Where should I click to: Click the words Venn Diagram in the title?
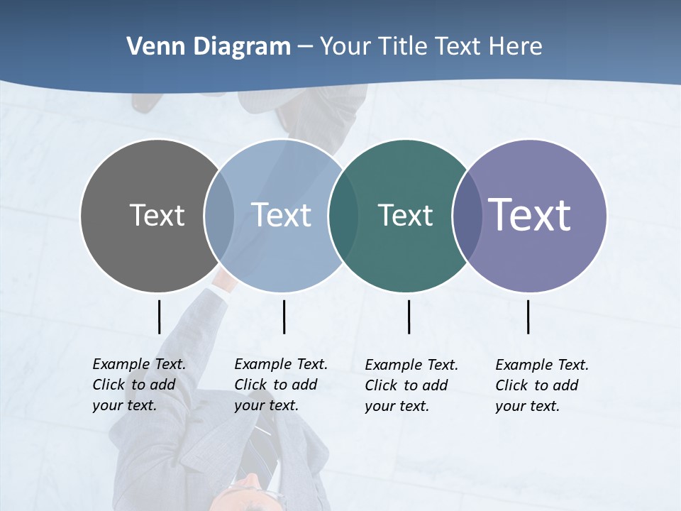coord(208,47)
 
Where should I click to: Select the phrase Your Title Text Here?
coord(431,47)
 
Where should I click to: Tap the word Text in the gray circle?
coord(157,215)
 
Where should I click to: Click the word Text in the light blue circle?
coord(281,215)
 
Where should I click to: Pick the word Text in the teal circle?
coord(405,215)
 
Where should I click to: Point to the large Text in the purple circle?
coord(530,215)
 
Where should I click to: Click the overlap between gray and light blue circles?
coord(219,215)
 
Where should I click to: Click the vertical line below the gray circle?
coord(159,317)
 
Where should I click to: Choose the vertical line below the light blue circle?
coord(284,317)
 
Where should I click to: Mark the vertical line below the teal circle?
coord(409,317)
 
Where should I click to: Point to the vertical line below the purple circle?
coord(528,317)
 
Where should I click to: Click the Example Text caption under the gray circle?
coord(138,385)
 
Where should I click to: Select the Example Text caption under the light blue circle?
coord(280,385)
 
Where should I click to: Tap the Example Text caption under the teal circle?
coord(411,385)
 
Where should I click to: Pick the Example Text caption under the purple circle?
coord(541,385)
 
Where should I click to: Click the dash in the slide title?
coord(305,48)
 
